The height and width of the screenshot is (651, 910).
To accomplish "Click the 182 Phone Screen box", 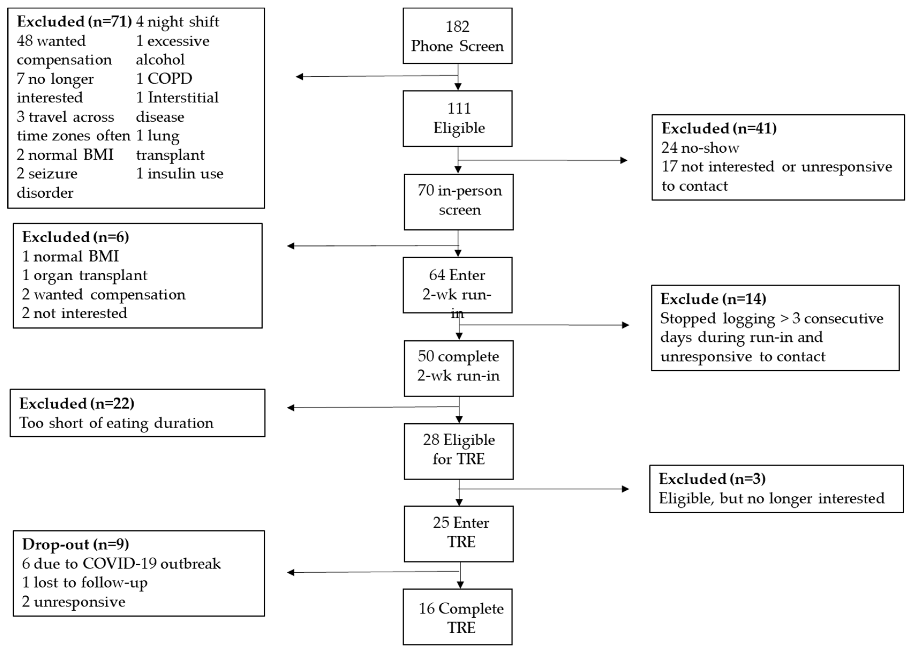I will [x=457, y=36].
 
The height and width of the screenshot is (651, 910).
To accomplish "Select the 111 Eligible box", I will [x=457, y=118].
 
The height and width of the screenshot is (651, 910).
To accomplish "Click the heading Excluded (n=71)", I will [x=74, y=22].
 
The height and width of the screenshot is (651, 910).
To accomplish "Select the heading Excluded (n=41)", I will [x=719, y=128].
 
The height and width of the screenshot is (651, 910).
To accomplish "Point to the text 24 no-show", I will [x=700, y=148].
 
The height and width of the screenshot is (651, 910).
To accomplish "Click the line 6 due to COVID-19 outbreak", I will [x=121, y=564].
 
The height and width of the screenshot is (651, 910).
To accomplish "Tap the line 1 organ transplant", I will [x=85, y=275].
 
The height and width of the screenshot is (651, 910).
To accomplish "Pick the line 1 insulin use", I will [x=180, y=174].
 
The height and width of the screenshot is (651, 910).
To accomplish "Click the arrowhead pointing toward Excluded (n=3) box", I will [x=625, y=489].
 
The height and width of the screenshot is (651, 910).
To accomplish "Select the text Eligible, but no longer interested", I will [x=771, y=498].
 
